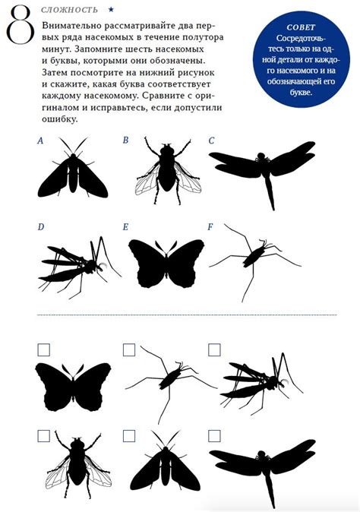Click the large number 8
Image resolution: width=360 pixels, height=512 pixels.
[x=21, y=25]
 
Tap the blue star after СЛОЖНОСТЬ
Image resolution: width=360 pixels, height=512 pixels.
[x=111, y=10]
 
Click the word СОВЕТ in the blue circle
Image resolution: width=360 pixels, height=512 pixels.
[x=301, y=27]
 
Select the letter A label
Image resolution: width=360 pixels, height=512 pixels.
[x=40, y=141]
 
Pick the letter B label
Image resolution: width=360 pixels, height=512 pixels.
[x=125, y=140]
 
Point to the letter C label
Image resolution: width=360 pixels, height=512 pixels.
[x=211, y=141]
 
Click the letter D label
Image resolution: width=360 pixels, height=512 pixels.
[x=41, y=226]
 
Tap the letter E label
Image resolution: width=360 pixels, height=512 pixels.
[x=125, y=227]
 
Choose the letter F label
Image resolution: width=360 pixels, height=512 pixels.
[x=210, y=226]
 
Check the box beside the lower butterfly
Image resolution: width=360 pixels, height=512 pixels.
[x=44, y=349]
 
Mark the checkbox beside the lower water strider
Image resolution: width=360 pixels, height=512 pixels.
[x=129, y=349]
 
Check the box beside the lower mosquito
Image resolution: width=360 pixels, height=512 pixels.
[x=214, y=349]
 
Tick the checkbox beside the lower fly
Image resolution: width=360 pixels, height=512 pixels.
[x=44, y=436]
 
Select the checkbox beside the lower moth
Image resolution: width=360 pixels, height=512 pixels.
[x=129, y=436]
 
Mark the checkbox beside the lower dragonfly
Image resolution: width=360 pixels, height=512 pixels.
[x=214, y=436]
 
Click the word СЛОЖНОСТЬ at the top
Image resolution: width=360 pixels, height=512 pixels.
[x=69, y=10]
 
